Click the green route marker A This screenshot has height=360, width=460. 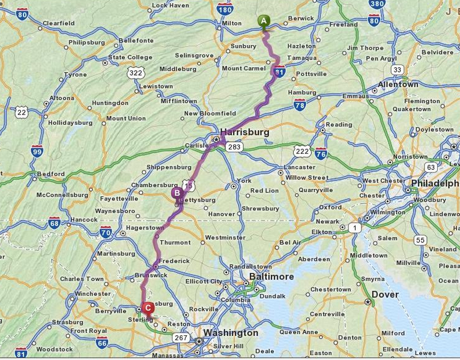click(x=263, y=21)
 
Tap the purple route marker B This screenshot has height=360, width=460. click(x=177, y=193)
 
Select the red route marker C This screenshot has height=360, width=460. click(x=148, y=308)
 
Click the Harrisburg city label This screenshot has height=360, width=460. click(x=244, y=131)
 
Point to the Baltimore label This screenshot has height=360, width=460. click(x=272, y=277)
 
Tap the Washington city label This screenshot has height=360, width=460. click(x=230, y=332)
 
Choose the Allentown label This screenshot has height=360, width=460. click(x=398, y=85)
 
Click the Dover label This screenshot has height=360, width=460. click(x=385, y=295)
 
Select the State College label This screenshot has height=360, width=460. click(x=130, y=58)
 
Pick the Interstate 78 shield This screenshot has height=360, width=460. click(x=300, y=106)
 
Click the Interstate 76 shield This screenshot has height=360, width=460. click(x=321, y=153)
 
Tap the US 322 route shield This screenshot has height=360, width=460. click(x=136, y=73)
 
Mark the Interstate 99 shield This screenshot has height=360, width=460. click(x=37, y=150)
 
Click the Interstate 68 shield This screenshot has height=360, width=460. click(x=55, y=223)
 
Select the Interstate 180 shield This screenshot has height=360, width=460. click(x=225, y=9)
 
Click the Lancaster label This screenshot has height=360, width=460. click(x=299, y=167)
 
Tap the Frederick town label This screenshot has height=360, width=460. click(x=174, y=261)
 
